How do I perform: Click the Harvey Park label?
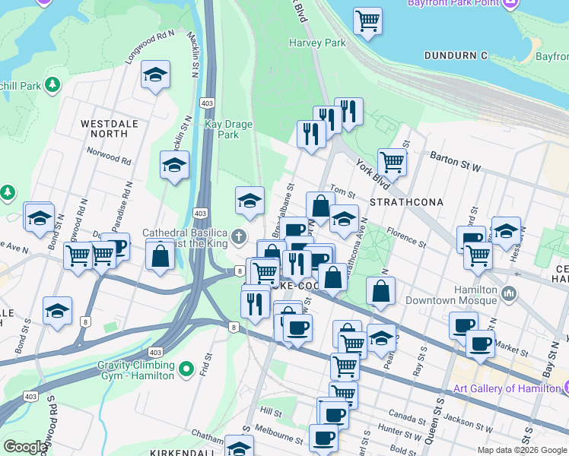tap(316, 43)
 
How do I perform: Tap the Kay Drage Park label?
tap(222, 129)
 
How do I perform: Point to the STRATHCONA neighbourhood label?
tap(400, 203)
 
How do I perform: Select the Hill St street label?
tap(271, 410)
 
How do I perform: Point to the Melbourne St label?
tap(279, 437)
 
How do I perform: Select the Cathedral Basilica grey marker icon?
tap(240, 237)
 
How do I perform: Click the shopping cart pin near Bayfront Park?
tap(368, 21)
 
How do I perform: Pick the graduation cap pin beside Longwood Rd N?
tap(156, 74)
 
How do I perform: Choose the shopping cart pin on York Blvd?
tap(392, 161)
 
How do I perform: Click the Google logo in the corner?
tap(25, 447)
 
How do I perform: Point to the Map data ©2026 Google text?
tap(522, 450)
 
